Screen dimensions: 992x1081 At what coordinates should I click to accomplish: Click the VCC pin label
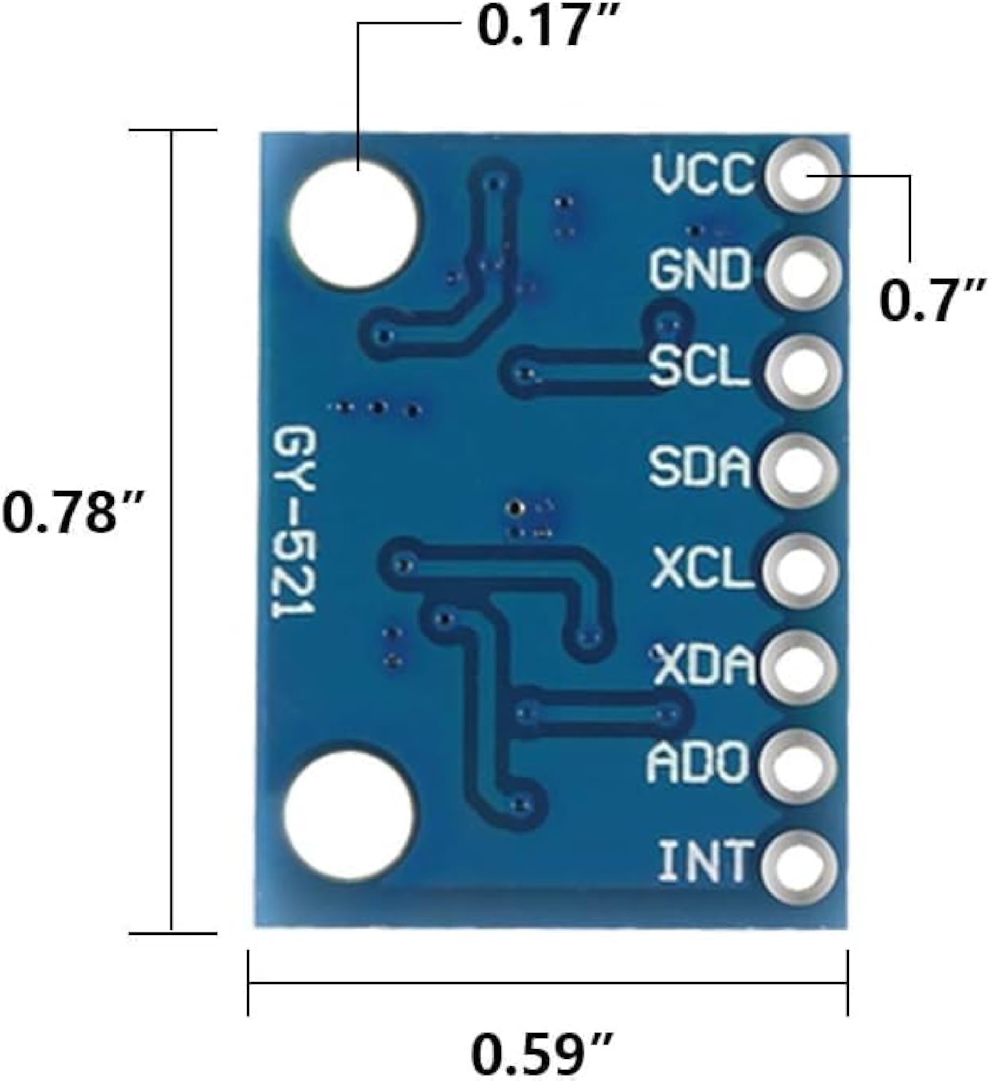point(702,174)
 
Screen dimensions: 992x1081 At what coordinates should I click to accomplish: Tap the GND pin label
point(701,269)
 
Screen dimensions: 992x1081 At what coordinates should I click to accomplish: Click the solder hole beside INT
point(799,869)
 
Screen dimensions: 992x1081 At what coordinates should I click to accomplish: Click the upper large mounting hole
point(355,223)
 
